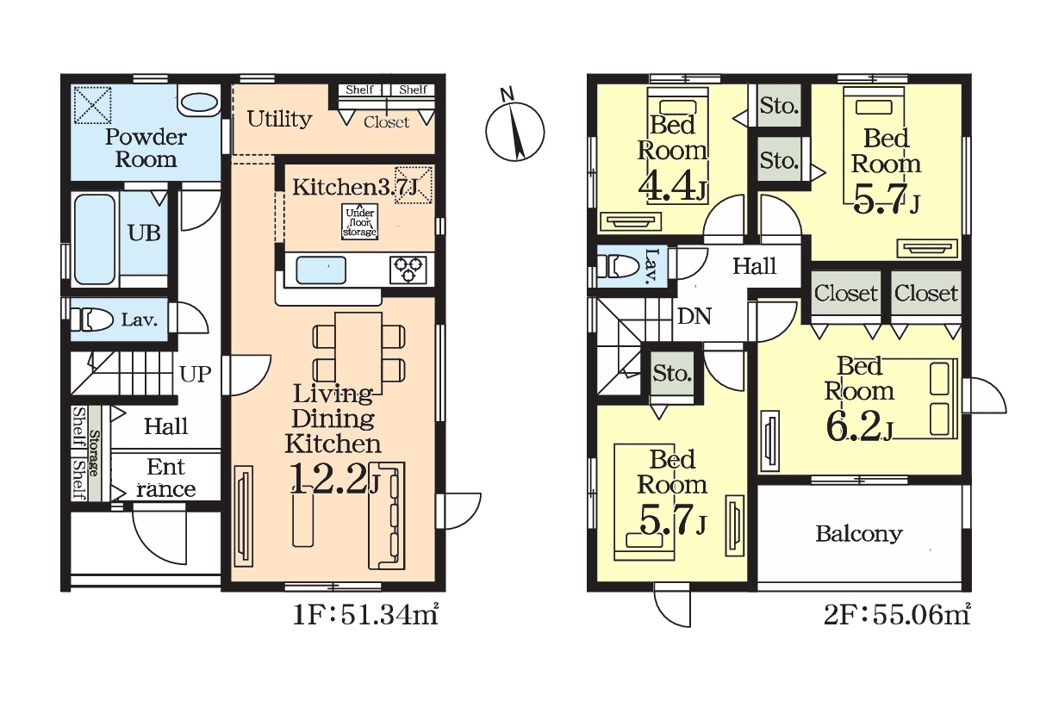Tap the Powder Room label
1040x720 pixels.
click(146, 148)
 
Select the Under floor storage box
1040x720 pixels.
click(359, 222)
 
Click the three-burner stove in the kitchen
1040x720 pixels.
click(408, 270)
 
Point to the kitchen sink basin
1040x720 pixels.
click(321, 270)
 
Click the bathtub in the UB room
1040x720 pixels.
click(94, 239)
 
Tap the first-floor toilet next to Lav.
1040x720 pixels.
click(92, 320)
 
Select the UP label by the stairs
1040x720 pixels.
click(195, 374)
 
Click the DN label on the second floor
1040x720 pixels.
click(694, 317)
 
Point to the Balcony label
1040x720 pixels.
click(859, 534)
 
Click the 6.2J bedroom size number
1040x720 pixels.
click(859, 427)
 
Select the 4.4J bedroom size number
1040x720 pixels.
click(672, 187)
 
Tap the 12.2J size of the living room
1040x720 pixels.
click(334, 479)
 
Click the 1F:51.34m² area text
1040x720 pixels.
click(365, 616)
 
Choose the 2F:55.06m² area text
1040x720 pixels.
click(897, 616)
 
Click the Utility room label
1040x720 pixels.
click(279, 120)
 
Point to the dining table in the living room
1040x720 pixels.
click(358, 353)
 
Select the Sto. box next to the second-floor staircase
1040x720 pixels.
click(672, 373)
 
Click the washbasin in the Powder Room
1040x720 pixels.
click(198, 103)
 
